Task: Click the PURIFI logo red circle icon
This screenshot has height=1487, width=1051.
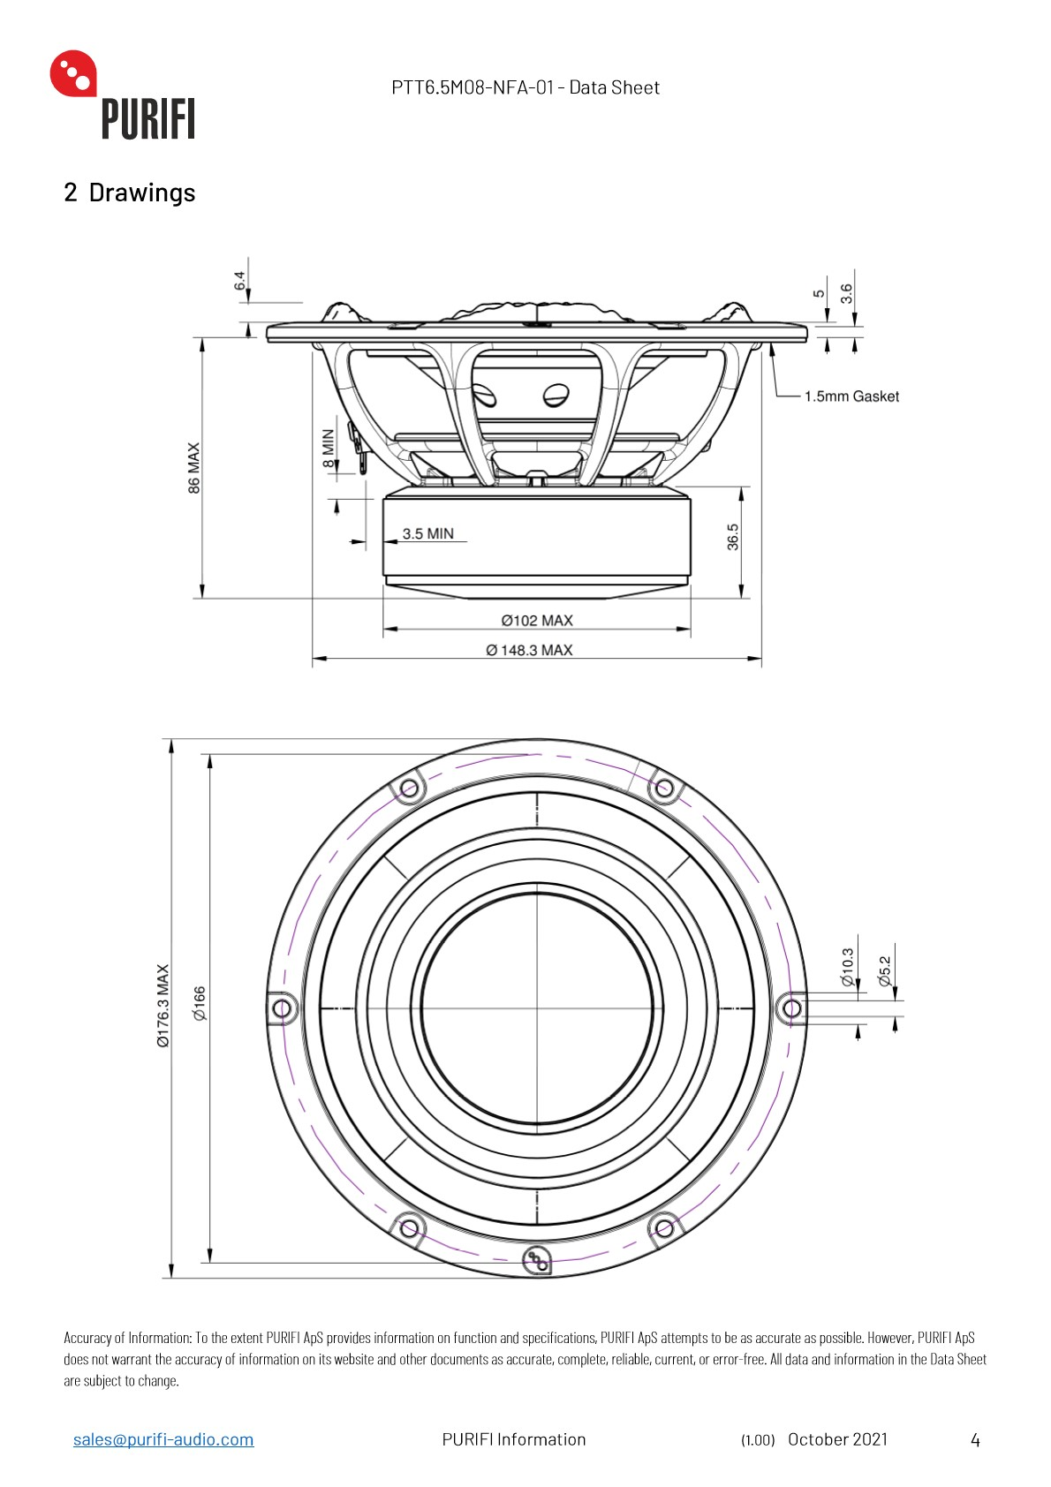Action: pos(72,73)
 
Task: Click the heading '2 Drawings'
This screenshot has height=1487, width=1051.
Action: pos(130,192)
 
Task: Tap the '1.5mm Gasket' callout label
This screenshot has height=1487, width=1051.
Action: pos(851,396)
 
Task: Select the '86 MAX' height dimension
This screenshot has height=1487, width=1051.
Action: pos(194,468)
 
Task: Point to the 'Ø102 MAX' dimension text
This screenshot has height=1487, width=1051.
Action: pos(537,621)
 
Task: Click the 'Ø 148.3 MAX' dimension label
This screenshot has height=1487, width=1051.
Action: pos(529,650)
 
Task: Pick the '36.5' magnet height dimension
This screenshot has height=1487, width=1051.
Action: pos(733,537)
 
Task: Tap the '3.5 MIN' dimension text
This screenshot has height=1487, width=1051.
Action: pos(427,533)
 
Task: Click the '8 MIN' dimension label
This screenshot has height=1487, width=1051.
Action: pos(329,448)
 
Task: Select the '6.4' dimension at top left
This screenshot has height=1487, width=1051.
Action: pos(239,282)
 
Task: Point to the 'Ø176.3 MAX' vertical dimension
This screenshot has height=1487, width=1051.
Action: pos(163,1006)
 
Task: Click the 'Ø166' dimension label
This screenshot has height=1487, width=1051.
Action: pos(200,1003)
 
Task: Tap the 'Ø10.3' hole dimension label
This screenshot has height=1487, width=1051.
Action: pos(848,968)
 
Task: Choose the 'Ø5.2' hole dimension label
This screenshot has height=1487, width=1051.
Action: pos(884,970)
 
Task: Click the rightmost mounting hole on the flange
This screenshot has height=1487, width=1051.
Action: pos(792,1008)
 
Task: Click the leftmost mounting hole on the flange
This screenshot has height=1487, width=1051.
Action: pos(282,1008)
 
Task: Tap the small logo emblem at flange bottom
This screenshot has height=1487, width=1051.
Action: pos(536,1261)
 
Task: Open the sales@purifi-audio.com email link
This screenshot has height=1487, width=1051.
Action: pos(163,1439)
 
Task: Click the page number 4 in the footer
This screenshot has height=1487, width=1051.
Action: pos(975,1440)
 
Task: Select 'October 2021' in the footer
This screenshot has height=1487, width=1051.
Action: pos(837,1439)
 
